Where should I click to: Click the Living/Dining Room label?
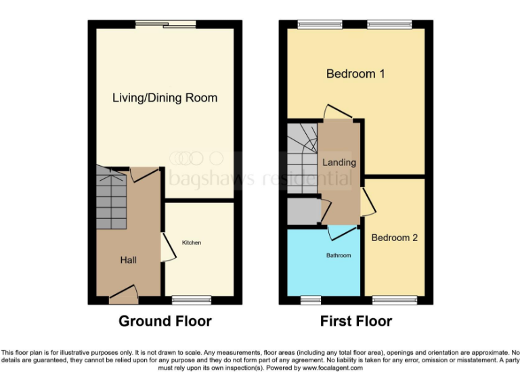165,98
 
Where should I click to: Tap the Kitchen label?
191,242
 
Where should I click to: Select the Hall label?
128,260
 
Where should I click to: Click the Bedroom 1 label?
355,74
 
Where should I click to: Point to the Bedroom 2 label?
394,238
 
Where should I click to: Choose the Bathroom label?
339,255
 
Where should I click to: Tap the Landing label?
339,162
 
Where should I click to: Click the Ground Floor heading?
165,321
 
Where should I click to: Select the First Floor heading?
356,321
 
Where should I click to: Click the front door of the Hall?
125,292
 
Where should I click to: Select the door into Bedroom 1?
337,112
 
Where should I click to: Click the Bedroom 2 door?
366,202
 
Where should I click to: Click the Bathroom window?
311,299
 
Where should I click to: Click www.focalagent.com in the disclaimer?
333,368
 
